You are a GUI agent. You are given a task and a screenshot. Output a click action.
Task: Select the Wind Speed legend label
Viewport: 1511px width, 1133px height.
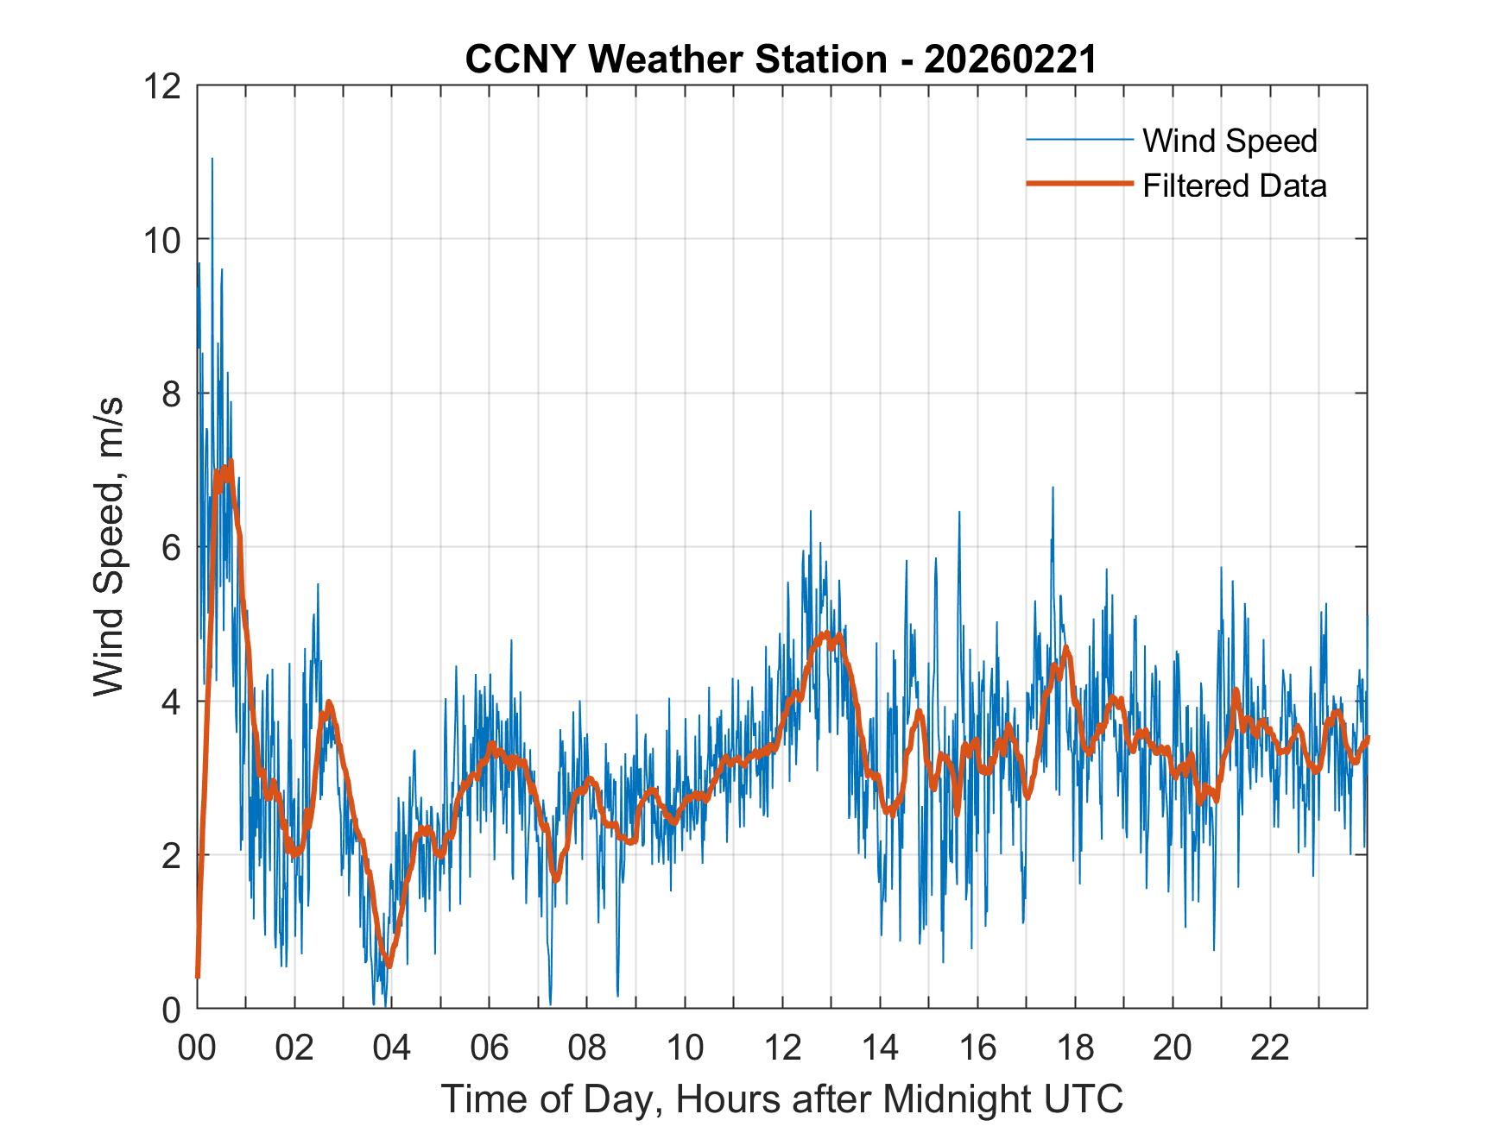coord(1230,141)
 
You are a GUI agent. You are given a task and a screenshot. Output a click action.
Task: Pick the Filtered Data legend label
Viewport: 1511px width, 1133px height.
coord(1234,186)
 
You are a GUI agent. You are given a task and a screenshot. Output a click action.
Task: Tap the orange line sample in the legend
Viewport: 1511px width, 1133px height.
coord(1078,184)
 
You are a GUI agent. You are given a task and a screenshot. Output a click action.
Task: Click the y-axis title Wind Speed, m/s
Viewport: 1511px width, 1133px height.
coord(109,546)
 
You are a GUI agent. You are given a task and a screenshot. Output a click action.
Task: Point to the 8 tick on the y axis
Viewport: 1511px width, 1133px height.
coord(171,393)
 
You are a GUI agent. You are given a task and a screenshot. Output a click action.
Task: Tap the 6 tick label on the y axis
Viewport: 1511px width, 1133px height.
coord(171,547)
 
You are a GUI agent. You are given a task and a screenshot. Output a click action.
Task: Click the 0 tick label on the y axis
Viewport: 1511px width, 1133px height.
coord(171,1009)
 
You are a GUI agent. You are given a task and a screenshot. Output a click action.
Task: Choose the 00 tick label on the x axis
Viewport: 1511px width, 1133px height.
coord(197,1048)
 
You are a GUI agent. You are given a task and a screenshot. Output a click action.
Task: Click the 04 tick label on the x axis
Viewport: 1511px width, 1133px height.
coord(392,1048)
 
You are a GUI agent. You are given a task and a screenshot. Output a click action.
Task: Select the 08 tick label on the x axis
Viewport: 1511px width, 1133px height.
coord(587,1048)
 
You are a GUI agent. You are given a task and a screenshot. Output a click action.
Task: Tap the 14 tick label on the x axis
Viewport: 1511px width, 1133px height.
coord(880,1048)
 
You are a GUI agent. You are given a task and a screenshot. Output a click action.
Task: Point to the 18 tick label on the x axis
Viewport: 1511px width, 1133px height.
coord(1075,1048)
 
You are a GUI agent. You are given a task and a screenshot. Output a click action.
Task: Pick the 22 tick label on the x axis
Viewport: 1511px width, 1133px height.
coord(1270,1048)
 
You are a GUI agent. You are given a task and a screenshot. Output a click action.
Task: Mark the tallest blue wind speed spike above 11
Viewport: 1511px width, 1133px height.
coord(212,161)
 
